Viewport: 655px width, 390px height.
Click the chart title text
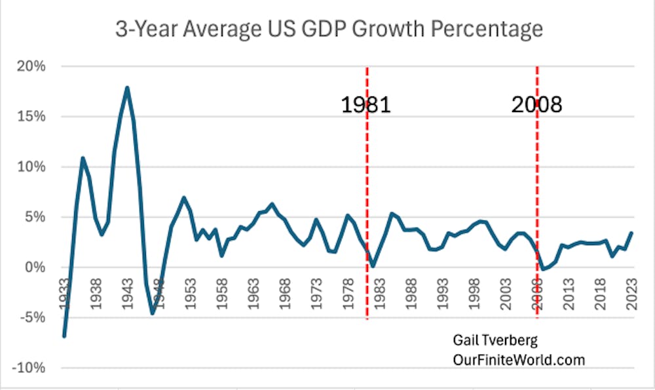(327, 29)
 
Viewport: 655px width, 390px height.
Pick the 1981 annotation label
(365, 105)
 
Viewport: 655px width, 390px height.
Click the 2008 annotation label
(536, 105)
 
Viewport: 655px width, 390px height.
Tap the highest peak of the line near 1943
(127, 87)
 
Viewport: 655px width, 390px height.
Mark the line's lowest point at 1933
(64, 336)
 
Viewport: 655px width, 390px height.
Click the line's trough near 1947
(153, 313)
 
